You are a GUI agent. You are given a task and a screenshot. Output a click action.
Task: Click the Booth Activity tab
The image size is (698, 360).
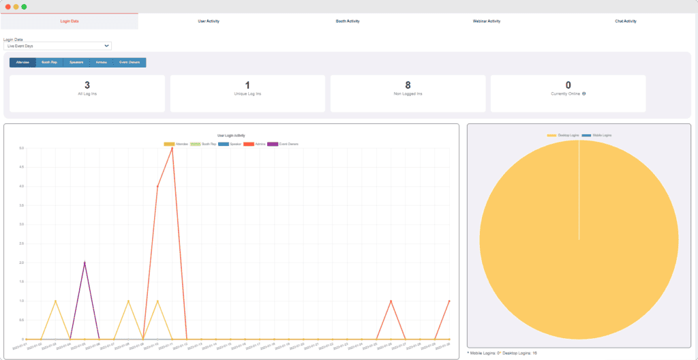tap(348, 21)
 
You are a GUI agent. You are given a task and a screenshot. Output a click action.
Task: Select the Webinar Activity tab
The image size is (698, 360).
tap(487, 21)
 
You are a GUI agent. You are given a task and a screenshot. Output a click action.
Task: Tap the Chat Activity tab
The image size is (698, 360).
tap(626, 21)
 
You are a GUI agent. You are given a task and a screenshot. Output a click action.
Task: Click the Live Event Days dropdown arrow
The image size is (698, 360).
tap(106, 46)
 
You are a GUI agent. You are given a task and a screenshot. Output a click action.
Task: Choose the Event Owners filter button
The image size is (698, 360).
tap(130, 62)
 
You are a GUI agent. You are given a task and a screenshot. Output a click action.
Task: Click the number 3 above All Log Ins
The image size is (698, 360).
tap(87, 85)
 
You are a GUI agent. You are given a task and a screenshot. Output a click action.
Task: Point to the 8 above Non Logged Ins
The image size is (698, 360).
tap(408, 85)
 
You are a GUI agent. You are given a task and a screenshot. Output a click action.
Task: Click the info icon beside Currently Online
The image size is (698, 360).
tap(584, 93)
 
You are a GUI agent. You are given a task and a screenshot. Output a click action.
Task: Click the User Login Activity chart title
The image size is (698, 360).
tap(231, 136)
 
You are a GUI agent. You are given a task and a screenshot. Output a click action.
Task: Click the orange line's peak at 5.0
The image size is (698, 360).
tap(172, 148)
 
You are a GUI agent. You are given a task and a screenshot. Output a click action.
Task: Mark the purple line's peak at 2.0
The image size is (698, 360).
tap(85, 262)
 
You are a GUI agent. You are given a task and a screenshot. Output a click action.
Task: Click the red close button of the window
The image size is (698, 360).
tap(7, 6)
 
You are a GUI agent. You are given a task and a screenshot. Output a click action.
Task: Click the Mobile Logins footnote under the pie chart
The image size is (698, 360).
tap(486, 353)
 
